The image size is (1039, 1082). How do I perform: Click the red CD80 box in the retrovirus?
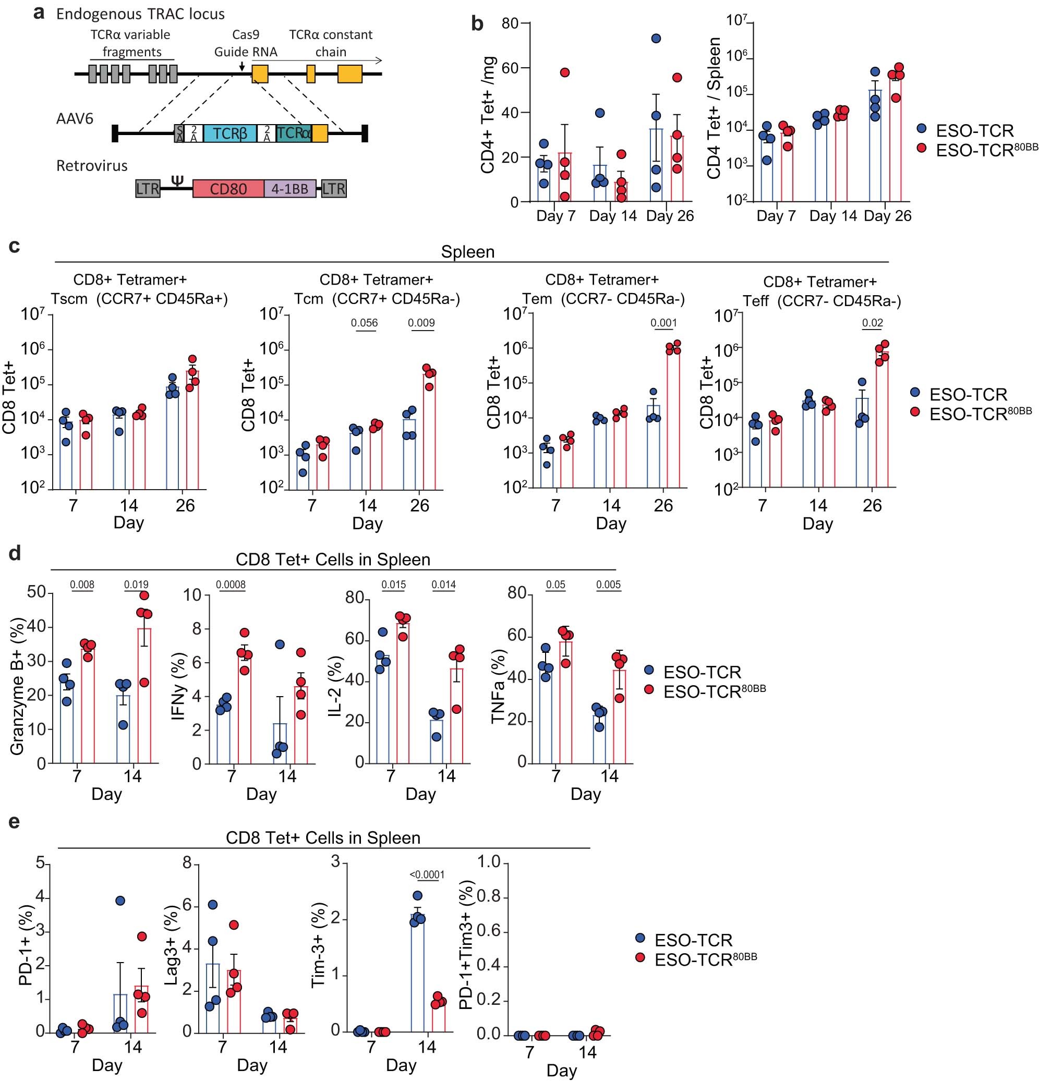[228, 189]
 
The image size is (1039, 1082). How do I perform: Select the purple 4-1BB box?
[290, 189]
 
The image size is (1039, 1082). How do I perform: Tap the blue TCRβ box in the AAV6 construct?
[229, 133]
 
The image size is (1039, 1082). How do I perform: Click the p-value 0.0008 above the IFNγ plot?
[231, 585]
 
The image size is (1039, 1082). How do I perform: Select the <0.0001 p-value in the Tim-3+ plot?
[427, 875]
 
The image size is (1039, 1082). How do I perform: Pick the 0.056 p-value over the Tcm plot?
[365, 323]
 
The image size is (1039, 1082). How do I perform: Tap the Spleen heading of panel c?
[468, 252]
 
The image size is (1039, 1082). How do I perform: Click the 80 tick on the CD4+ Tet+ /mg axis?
[510, 23]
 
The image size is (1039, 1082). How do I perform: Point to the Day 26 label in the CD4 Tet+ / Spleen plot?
[887, 216]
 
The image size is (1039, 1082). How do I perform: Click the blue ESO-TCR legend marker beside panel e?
[641, 939]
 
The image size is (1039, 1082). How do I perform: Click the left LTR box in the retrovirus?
[148, 189]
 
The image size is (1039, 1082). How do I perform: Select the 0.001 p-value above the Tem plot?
[663, 323]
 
